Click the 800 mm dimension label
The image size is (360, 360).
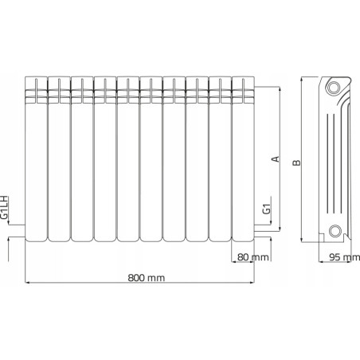click(145, 278)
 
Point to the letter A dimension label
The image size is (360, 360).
click(276, 158)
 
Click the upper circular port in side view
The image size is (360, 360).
click(335, 87)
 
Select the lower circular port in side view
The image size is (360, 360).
click(335, 232)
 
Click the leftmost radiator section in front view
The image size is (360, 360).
click(35, 159)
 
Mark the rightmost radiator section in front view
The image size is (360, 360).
click(243, 159)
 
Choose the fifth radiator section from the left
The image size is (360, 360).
click(127, 159)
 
